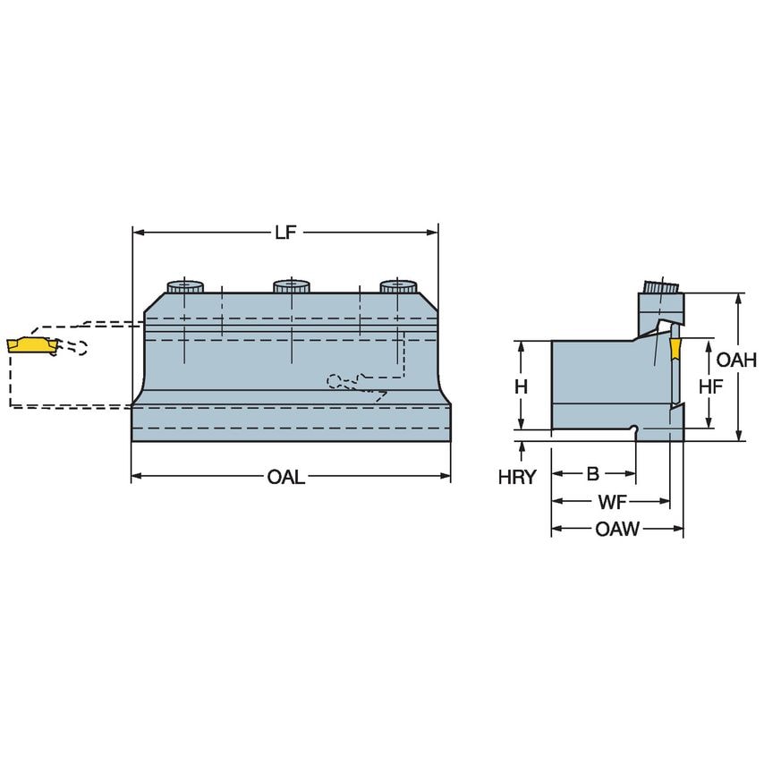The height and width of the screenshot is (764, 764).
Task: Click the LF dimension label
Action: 285,233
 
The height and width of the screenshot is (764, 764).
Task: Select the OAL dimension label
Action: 285,478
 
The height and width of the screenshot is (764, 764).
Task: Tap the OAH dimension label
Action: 736,361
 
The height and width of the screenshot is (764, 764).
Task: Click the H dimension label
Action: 521,386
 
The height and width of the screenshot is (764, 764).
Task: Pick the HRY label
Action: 516,477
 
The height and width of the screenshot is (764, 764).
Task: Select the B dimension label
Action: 592,472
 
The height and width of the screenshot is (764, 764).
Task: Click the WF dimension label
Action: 612,501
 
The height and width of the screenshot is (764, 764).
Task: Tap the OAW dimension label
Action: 617,529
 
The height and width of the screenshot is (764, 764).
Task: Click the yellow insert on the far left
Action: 29,344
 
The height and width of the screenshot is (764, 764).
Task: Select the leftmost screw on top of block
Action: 185,286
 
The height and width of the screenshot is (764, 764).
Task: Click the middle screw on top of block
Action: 292,286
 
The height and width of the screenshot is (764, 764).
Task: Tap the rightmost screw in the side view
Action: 398,286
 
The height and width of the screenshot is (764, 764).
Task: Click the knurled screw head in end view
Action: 661,289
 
